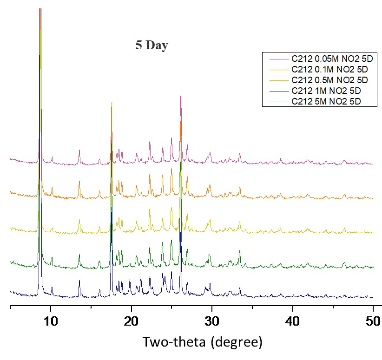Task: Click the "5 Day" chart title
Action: point(151,46)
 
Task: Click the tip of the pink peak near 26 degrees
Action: point(180,96)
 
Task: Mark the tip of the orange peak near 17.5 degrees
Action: point(112,102)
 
